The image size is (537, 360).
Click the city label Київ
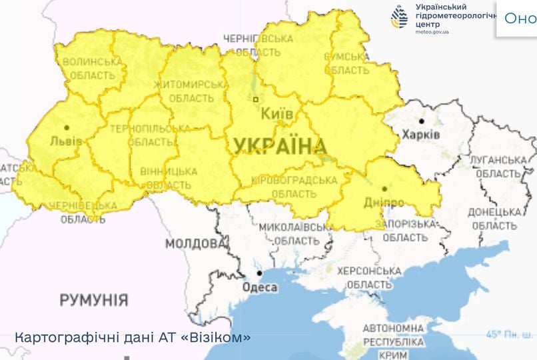pos(276,115)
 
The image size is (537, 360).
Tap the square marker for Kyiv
pos(255,99)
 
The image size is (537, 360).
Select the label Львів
pos(66,141)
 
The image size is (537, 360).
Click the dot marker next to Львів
pos(67,127)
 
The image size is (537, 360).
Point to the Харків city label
pos(421,135)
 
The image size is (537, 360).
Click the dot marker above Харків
pos(422,121)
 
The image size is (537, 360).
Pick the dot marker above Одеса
pos(259,273)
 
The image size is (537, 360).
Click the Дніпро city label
pos(384,202)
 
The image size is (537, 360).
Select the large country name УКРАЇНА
pos(279,146)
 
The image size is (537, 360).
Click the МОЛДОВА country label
pos(195,243)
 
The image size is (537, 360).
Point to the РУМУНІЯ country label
pos(94,300)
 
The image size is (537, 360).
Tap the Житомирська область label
pos(188,91)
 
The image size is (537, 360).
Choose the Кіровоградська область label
pos(293,187)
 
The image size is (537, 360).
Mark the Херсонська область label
pos(369,277)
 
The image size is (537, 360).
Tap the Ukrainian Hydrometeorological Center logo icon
pos(399,17)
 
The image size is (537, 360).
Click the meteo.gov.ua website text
pos(432,31)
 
